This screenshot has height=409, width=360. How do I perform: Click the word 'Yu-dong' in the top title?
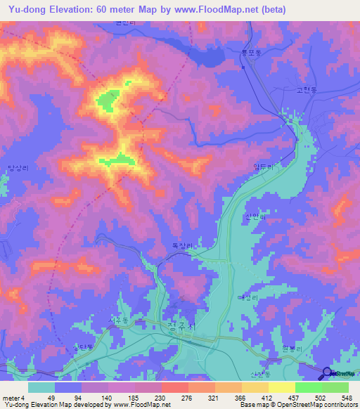pos(26,9)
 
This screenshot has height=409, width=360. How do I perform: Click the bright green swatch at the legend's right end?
pos(335,387)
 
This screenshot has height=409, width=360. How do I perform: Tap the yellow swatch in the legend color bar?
pos(281,387)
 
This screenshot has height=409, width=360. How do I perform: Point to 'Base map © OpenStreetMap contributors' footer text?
pos(296,405)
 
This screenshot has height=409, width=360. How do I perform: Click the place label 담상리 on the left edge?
pos(18,167)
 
